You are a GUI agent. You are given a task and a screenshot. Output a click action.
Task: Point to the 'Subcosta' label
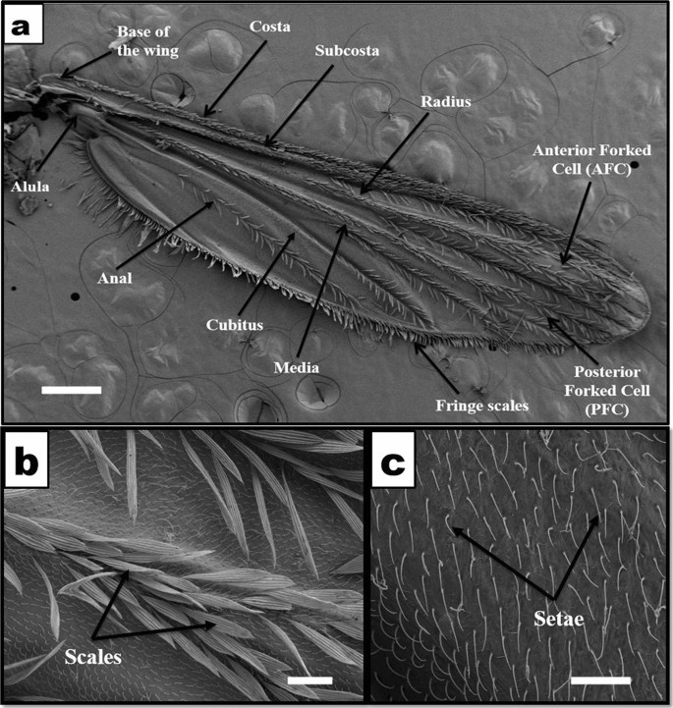pos(341,48)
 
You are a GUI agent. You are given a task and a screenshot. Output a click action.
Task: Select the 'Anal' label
pos(114,278)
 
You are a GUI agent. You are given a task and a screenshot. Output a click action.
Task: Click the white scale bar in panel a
pos(72,390)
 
